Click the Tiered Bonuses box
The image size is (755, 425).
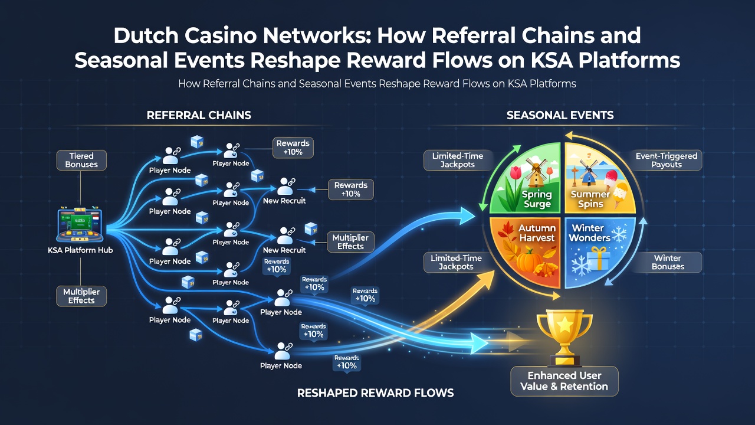click(x=81, y=160)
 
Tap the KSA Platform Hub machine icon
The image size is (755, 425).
click(x=80, y=224)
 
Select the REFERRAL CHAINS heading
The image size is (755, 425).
click(x=199, y=115)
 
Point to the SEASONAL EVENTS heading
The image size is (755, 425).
click(x=560, y=115)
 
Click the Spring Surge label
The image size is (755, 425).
click(x=537, y=199)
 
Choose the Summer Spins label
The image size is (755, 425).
click(x=590, y=199)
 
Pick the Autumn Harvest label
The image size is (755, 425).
click(x=537, y=233)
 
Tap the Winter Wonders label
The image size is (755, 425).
click(x=589, y=233)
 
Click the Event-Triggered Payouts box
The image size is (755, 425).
click(x=667, y=160)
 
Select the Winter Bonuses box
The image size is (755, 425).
click(x=668, y=262)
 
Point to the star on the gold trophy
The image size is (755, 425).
click(x=564, y=325)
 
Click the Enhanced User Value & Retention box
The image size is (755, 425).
click(x=564, y=381)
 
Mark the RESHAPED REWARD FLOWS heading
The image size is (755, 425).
click(x=376, y=393)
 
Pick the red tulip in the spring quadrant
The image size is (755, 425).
click(x=516, y=173)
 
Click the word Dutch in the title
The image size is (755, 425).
click(x=146, y=36)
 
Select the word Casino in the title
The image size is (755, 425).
click(x=221, y=36)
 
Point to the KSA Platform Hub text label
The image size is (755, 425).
click(x=80, y=250)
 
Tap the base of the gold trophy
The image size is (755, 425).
click(x=564, y=360)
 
